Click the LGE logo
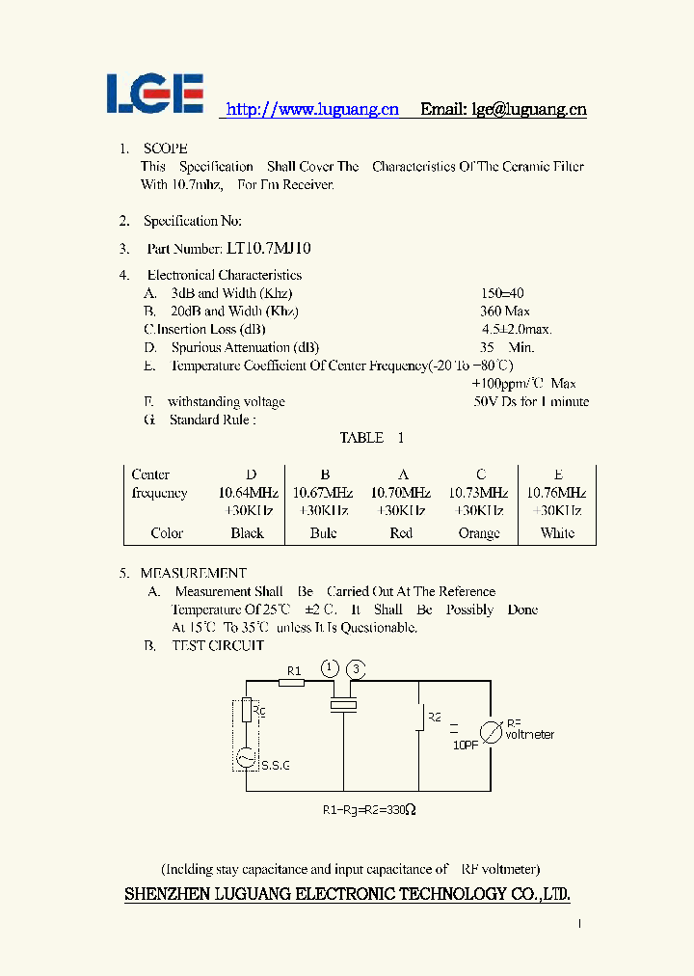pyautogui.click(x=154, y=94)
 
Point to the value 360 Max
pyautogui.click(x=505, y=312)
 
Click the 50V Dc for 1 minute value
pyautogui.click(x=531, y=401)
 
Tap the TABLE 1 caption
pyautogui.click(x=371, y=438)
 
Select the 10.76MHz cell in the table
pyautogui.click(x=556, y=493)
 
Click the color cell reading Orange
pyautogui.click(x=479, y=533)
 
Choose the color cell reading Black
pyautogui.click(x=248, y=533)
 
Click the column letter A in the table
pyautogui.click(x=402, y=474)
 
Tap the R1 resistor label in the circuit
pyautogui.click(x=295, y=671)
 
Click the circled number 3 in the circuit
pyautogui.click(x=357, y=668)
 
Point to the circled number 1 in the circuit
pyautogui.click(x=330, y=668)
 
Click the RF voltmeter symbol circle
pyautogui.click(x=492, y=732)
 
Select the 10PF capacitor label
pyautogui.click(x=466, y=745)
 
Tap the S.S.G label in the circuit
pyautogui.click(x=276, y=765)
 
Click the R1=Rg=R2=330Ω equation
pyautogui.click(x=369, y=810)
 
